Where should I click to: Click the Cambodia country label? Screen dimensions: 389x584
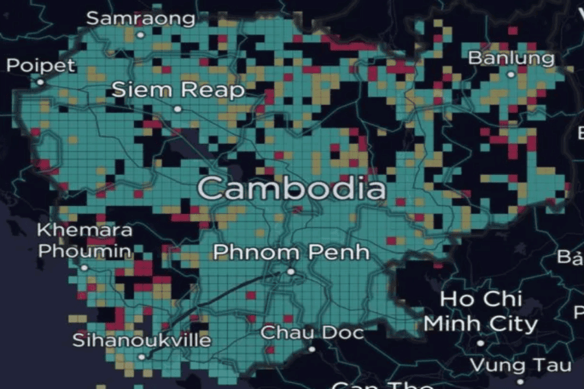[291, 189]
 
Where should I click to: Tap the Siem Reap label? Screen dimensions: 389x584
[178, 90]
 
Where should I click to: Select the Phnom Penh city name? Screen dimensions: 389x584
[291, 252]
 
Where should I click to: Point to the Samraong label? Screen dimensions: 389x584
[141, 18]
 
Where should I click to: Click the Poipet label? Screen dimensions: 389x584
[41, 65]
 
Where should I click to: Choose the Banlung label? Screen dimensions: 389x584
[511, 58]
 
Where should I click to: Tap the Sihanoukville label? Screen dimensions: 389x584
[141, 340]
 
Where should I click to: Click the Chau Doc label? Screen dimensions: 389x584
[312, 333]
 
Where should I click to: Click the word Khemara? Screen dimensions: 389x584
[85, 230]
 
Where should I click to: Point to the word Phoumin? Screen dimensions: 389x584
[85, 250]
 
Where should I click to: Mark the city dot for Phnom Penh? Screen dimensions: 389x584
[291, 271]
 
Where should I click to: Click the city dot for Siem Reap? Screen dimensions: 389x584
[178, 109]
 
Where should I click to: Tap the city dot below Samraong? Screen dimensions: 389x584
[140, 34]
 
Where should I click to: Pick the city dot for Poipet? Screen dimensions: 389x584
[40, 82]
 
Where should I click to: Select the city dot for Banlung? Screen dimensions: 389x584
[511, 75]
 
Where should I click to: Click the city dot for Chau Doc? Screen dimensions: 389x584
[312, 349]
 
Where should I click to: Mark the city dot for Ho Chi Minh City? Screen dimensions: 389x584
[481, 342]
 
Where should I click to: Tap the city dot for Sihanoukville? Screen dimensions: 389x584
[141, 356]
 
